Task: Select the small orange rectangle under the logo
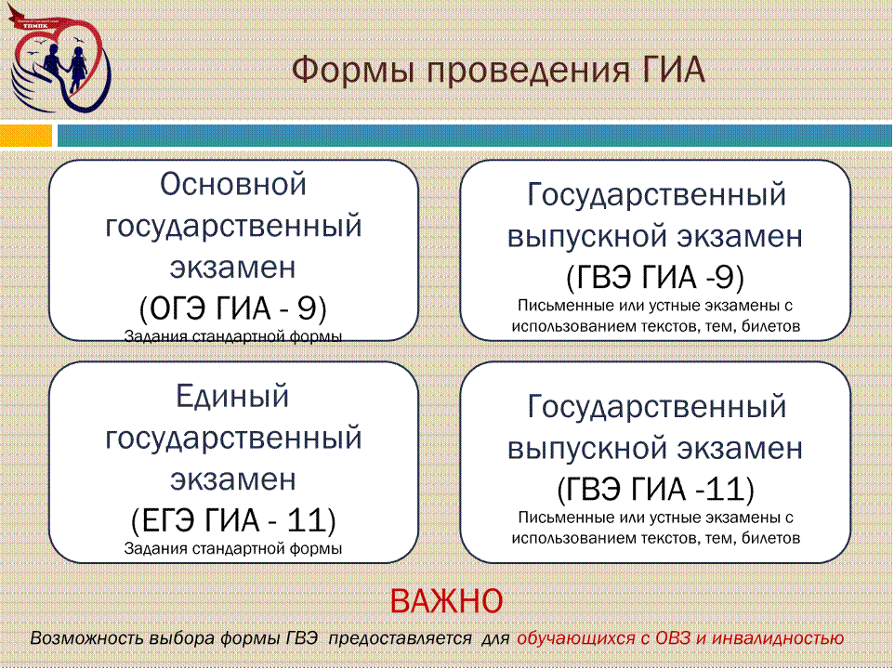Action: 26,136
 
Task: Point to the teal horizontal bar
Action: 475,136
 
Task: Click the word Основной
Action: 233,184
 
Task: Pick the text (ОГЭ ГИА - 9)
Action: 233,308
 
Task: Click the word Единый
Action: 232,396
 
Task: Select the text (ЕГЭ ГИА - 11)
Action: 233,520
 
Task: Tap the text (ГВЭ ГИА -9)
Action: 655,278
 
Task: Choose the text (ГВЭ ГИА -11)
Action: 655,490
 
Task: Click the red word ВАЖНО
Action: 446,600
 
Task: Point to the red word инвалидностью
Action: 777,638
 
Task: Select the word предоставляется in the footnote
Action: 401,638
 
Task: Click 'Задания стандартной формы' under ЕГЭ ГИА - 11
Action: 233,549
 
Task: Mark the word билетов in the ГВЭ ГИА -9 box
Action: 770,326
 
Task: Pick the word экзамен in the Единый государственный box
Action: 233,479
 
